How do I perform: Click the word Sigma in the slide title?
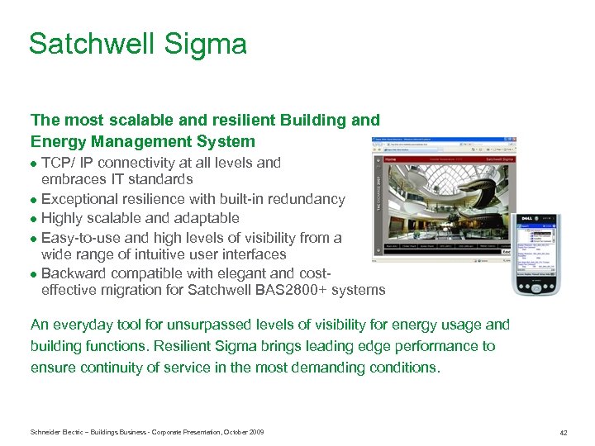211,44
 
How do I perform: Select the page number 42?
563,433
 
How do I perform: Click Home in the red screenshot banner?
391,159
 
